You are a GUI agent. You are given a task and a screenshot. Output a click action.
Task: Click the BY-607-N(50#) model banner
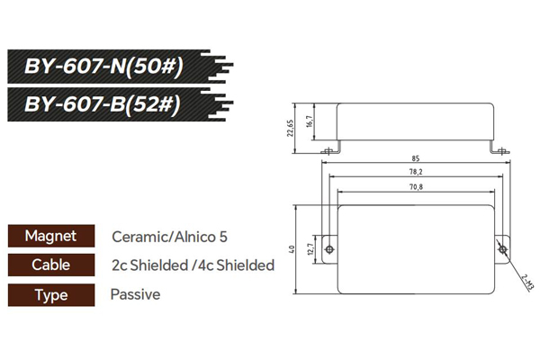click(x=108, y=67)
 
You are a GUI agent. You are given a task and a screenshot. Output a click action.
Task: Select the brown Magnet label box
click(x=50, y=237)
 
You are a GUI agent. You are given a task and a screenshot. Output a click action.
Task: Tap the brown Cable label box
click(x=50, y=265)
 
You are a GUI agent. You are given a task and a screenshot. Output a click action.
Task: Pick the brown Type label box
click(x=50, y=294)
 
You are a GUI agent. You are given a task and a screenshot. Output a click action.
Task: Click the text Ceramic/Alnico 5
click(x=170, y=238)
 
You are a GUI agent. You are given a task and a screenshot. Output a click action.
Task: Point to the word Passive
click(x=135, y=294)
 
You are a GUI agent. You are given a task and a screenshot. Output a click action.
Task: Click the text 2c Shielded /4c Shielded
click(x=193, y=266)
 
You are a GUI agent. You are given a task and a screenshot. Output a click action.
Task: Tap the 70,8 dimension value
click(x=415, y=186)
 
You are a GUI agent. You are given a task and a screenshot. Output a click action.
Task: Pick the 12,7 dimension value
click(x=310, y=249)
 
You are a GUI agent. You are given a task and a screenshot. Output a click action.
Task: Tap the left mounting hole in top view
click(x=331, y=249)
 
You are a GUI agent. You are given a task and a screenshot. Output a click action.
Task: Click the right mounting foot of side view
click(x=497, y=148)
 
